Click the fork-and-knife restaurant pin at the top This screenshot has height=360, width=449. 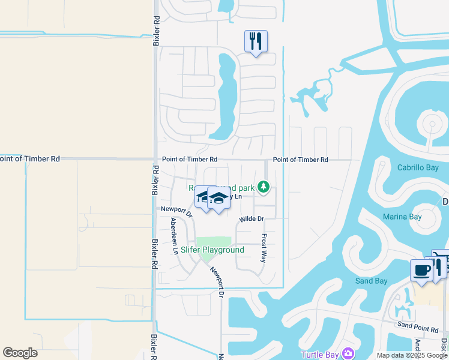point(256,41)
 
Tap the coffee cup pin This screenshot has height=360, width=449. point(421,271)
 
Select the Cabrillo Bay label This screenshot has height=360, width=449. point(418,168)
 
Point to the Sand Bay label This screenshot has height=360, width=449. point(371,281)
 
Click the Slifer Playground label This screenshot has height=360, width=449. point(212,250)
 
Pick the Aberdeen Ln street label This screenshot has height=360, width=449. point(173,235)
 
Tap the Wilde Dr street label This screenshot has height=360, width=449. point(252,219)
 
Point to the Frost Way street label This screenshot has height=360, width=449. point(263,248)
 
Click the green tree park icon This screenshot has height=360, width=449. point(262,188)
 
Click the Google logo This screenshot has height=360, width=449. point(20,353)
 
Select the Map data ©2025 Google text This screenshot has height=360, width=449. point(412,355)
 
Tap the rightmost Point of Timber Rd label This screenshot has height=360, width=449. point(300,160)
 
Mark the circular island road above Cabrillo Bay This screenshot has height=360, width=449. point(432,125)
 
